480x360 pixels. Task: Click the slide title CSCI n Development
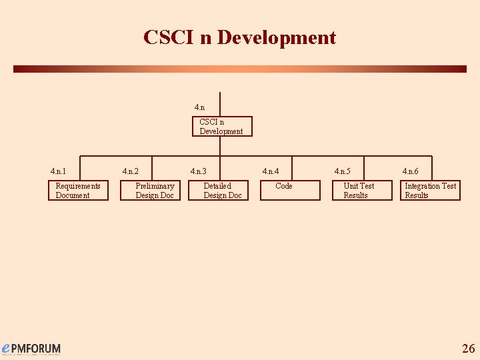[x=239, y=37]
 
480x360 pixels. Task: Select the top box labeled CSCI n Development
[x=223, y=127]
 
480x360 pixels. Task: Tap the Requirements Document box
[x=78, y=191]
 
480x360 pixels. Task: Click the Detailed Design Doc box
[x=222, y=191]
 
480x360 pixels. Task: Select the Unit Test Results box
[x=359, y=191]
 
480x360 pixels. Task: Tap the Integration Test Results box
[x=431, y=191]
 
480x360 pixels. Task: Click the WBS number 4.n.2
[x=130, y=171]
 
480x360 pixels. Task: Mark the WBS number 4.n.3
[x=198, y=171]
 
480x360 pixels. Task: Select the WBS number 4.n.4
[x=270, y=171]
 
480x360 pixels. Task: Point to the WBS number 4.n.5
[x=342, y=171]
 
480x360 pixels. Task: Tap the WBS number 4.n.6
[x=410, y=171]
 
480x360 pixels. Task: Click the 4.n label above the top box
[x=199, y=107]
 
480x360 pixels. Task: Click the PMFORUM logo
[x=31, y=349]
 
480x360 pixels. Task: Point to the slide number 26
[x=468, y=348]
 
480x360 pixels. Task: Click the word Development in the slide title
[x=277, y=37]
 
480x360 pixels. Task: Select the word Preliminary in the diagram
[x=155, y=186]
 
